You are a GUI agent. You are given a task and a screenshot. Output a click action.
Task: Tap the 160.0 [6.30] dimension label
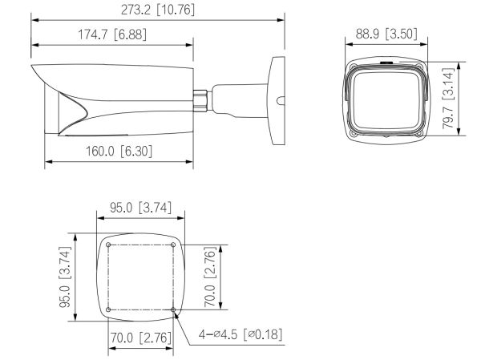point(119,151)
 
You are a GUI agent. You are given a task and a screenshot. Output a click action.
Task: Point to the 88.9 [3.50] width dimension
point(384,36)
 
